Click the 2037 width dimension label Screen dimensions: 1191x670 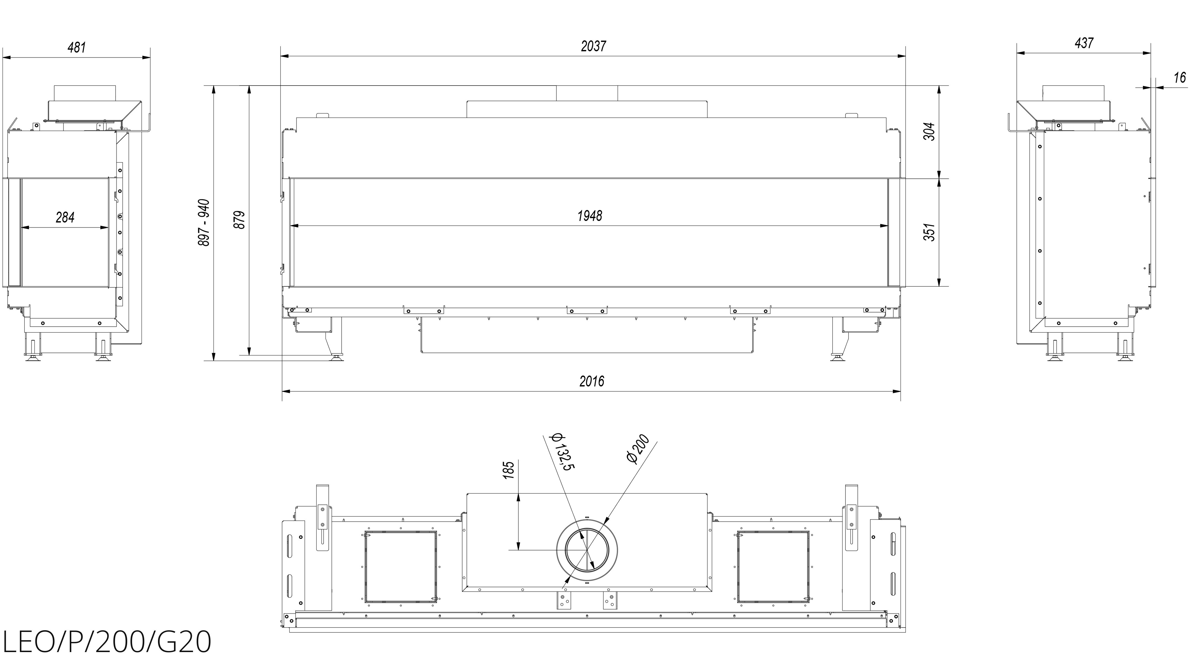(x=593, y=46)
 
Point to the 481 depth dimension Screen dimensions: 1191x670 (x=77, y=47)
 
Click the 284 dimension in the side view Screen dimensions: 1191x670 (x=65, y=217)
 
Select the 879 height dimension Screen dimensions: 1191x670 (x=239, y=220)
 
